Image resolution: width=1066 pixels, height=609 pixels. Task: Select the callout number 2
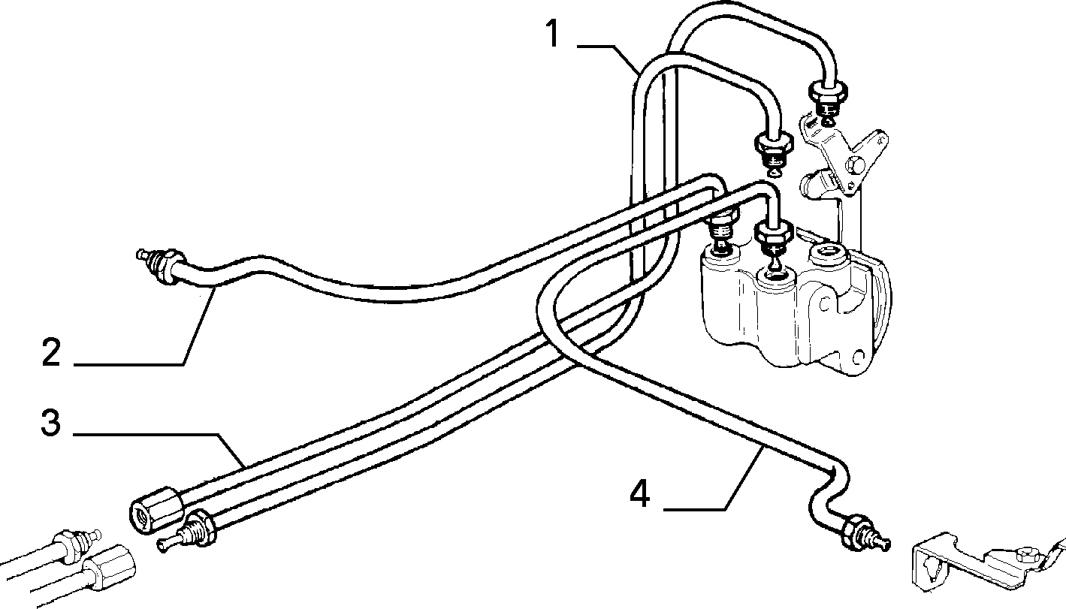click(x=51, y=352)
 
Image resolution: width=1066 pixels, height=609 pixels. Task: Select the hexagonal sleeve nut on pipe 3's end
click(x=156, y=510)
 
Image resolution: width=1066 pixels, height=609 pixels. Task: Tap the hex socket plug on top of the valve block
click(x=826, y=254)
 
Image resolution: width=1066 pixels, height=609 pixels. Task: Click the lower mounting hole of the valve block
click(x=859, y=356)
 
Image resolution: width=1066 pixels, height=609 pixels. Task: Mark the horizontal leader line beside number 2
click(x=129, y=365)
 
